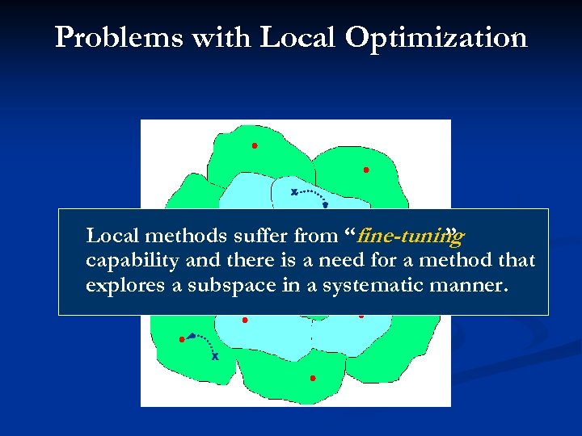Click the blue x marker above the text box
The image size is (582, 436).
point(294,192)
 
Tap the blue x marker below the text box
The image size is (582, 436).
point(215,356)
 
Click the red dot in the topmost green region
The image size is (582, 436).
point(254,146)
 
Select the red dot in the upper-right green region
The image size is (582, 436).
point(365,170)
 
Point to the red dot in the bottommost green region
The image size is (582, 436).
point(313,378)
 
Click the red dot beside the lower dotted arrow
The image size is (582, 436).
point(181,339)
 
